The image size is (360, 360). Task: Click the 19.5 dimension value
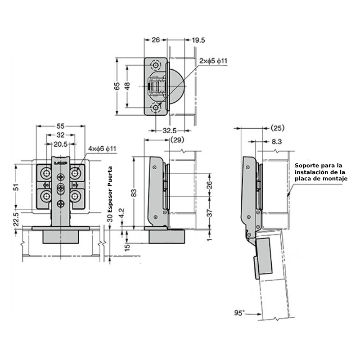[x=198, y=40]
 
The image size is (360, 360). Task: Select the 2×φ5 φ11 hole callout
[x=214, y=61]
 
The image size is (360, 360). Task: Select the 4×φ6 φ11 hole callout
[x=102, y=148]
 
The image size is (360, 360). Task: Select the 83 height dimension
[x=134, y=193]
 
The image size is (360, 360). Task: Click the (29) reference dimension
[x=177, y=140]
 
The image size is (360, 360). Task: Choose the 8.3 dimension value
[x=277, y=141]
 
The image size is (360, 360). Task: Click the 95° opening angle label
[x=239, y=312]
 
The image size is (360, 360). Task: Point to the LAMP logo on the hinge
[x=60, y=160]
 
